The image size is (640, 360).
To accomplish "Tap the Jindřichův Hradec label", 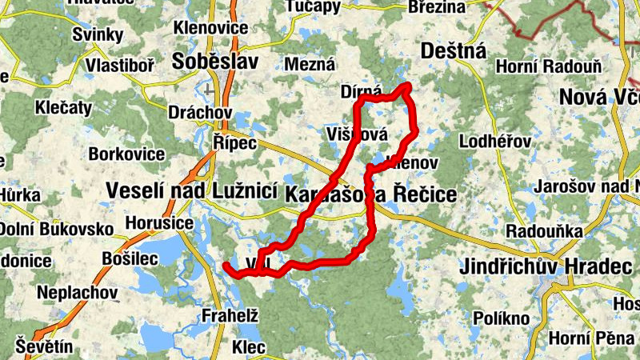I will click(x=546, y=266).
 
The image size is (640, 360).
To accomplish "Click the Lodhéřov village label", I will click(x=495, y=142).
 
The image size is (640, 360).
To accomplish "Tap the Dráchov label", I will click(x=200, y=113).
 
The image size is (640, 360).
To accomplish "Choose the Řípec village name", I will click(x=234, y=142).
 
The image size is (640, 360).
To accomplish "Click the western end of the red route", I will click(x=226, y=265).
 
